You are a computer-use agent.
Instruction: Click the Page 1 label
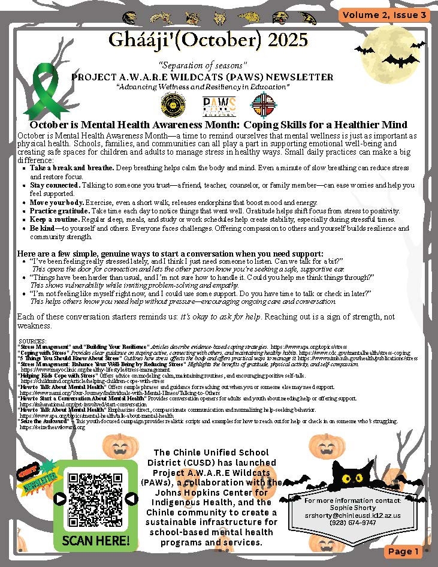point(403,551)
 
